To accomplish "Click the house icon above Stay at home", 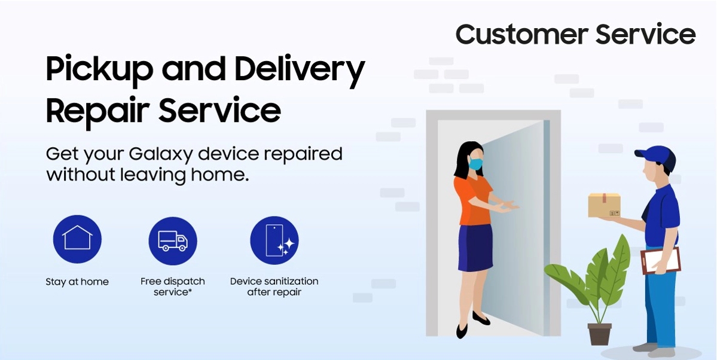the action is point(77,239).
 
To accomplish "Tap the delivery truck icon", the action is point(173,240).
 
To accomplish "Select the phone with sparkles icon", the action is point(274,240).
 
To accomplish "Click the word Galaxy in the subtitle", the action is point(162,155).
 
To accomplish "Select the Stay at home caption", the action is point(77,282).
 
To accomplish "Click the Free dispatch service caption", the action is point(173,286).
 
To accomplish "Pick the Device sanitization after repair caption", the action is point(274,286).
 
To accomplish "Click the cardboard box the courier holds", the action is point(604,205).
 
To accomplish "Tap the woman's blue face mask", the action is point(475,163).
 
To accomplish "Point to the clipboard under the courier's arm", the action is point(661,261).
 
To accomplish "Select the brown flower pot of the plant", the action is point(599,334).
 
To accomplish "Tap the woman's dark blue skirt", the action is point(475,248).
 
